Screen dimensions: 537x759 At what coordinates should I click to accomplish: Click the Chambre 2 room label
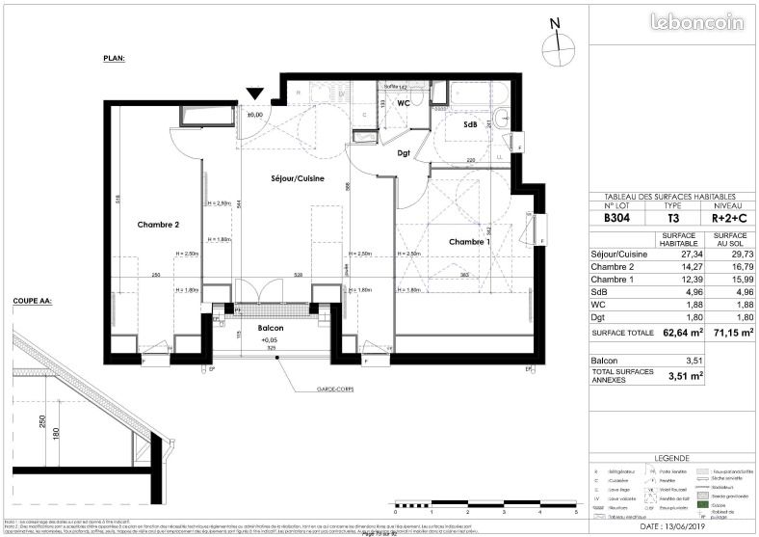pyautogui.click(x=158, y=225)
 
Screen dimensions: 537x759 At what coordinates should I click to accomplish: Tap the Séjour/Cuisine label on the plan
pyautogui.click(x=296, y=178)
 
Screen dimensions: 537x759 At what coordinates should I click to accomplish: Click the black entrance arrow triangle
pyautogui.click(x=254, y=94)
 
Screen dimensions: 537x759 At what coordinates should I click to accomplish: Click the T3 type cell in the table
pyautogui.click(x=673, y=218)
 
